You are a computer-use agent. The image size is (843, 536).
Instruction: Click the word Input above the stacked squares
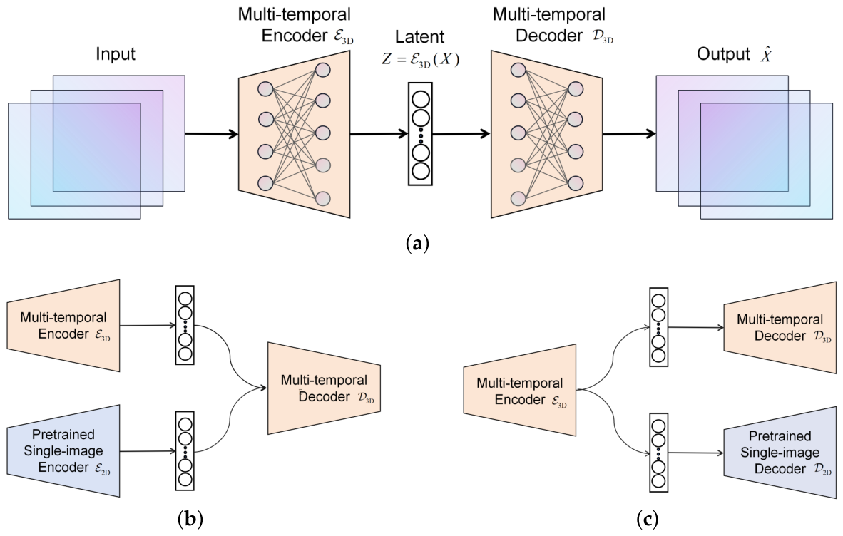(x=115, y=54)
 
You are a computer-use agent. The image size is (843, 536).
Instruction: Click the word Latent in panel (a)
(x=420, y=37)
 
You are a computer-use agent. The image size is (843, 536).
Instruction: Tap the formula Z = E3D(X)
(x=421, y=59)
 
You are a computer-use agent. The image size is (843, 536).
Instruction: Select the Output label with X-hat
(x=735, y=54)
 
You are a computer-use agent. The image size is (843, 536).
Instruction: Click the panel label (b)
(x=190, y=519)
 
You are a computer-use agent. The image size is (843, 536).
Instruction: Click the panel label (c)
(x=647, y=519)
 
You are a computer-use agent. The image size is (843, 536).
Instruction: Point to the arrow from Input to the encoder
(x=212, y=134)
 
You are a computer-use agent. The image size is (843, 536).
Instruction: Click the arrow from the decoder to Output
(x=629, y=134)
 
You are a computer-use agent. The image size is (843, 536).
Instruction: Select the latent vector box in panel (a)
(x=420, y=134)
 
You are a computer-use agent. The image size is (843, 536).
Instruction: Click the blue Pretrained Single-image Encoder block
(x=63, y=450)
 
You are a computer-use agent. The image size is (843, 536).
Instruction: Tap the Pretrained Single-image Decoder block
(x=780, y=452)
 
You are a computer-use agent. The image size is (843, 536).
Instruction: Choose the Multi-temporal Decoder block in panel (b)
(x=325, y=388)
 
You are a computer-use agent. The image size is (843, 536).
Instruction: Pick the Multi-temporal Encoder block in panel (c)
(x=520, y=391)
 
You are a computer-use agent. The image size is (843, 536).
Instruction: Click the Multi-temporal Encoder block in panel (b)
(x=63, y=326)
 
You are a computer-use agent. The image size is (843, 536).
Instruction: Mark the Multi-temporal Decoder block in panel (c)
(x=780, y=328)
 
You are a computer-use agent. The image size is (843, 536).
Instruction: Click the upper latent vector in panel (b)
(x=185, y=326)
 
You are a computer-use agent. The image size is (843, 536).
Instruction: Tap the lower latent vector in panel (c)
(x=658, y=452)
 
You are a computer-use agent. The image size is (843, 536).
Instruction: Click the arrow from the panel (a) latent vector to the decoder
(x=461, y=134)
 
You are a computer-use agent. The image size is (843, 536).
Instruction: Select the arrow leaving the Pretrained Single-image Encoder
(x=148, y=452)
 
